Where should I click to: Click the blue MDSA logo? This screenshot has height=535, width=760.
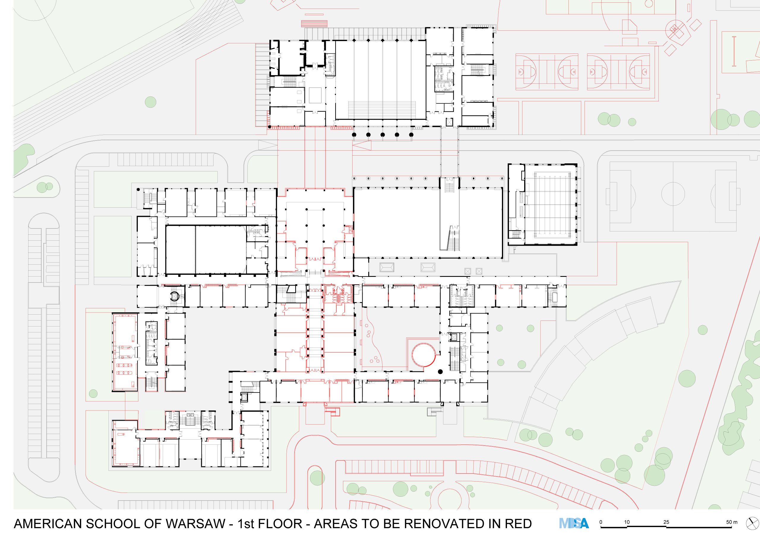[574, 523]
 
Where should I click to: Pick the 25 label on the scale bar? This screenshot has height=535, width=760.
[666, 522]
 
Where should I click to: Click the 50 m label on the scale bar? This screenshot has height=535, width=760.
[731, 522]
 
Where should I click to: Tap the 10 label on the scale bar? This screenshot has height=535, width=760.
[627, 522]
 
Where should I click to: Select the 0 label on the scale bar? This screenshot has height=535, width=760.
[601, 522]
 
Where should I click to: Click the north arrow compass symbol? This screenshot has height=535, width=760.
[752, 523]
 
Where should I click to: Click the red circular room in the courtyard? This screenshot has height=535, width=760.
[424, 355]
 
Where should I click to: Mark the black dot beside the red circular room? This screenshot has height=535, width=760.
[440, 372]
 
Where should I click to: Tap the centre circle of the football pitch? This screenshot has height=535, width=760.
[673, 194]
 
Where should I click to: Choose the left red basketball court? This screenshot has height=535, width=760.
[547, 72]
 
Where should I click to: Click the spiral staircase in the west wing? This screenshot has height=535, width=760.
[174, 296]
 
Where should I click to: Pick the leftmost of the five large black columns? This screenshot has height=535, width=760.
[354, 135]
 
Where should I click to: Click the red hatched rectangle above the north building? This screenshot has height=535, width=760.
[314, 23]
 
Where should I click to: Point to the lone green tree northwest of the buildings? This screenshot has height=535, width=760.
[151, 102]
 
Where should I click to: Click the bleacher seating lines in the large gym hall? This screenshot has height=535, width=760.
[382, 110]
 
